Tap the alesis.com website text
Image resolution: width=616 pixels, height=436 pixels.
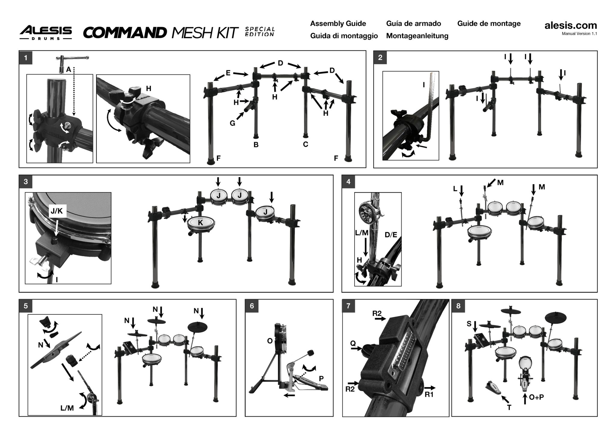(x=571, y=26)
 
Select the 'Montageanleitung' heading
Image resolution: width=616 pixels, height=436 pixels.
(x=417, y=36)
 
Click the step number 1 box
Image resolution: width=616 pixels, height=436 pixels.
(x=26, y=58)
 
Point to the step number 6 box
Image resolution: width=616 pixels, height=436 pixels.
(x=252, y=306)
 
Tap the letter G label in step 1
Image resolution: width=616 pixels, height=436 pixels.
(x=233, y=123)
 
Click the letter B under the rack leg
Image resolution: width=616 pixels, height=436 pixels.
(x=256, y=145)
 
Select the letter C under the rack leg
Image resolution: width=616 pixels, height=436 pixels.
(x=306, y=145)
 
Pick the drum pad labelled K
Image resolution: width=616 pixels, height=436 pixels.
(x=200, y=223)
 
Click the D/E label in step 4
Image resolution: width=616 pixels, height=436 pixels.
(x=391, y=235)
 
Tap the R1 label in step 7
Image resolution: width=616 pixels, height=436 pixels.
(x=429, y=394)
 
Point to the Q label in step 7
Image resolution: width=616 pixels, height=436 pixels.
(x=353, y=343)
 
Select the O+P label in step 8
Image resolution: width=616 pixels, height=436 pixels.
(x=536, y=397)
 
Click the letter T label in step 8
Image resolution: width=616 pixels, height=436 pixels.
(x=509, y=408)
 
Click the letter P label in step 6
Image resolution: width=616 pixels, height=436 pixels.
(x=321, y=378)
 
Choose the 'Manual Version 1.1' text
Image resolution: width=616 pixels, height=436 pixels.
(x=579, y=34)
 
